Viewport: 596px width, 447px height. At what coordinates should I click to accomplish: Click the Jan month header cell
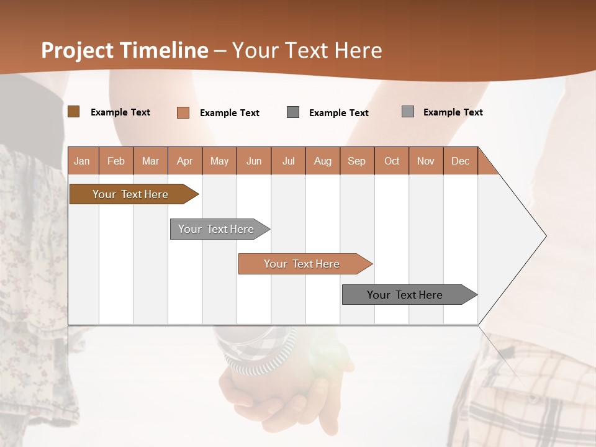[x=83, y=161]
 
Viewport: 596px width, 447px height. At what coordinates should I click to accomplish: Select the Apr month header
[x=185, y=161]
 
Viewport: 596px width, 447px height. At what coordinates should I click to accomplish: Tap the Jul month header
[x=288, y=161]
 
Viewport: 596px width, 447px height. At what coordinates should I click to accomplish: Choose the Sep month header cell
[x=357, y=161]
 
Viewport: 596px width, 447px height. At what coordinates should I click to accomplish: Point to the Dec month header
[x=460, y=161]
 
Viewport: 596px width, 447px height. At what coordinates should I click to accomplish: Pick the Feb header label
[x=116, y=161]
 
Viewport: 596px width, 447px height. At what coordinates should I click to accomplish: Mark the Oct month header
[x=392, y=161]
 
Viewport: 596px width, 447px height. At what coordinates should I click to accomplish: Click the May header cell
[x=219, y=161]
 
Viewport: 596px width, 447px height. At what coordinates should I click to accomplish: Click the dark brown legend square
[x=74, y=112]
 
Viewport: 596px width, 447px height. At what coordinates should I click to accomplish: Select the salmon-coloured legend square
[x=183, y=112]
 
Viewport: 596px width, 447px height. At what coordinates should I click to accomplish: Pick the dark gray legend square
[x=293, y=112]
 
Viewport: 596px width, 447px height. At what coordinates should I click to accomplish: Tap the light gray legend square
[x=408, y=112]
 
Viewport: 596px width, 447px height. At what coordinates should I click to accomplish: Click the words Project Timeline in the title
[x=125, y=50]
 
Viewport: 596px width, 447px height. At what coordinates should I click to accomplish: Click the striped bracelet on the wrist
[x=258, y=351]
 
